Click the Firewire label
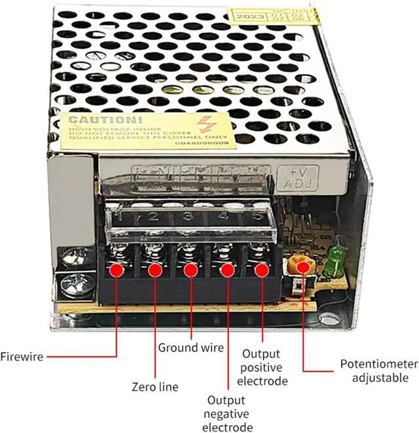(x=22, y=357)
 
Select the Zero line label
(x=155, y=387)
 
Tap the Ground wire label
(x=191, y=348)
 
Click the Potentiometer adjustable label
(x=378, y=371)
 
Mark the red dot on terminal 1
(x=118, y=269)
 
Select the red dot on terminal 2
(x=155, y=269)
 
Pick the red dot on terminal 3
(x=191, y=269)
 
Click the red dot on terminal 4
(x=227, y=269)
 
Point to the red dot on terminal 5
(x=262, y=269)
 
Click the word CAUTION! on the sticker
(x=96, y=120)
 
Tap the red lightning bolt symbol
(x=208, y=124)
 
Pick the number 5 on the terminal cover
(x=257, y=214)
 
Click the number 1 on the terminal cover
(x=118, y=216)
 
